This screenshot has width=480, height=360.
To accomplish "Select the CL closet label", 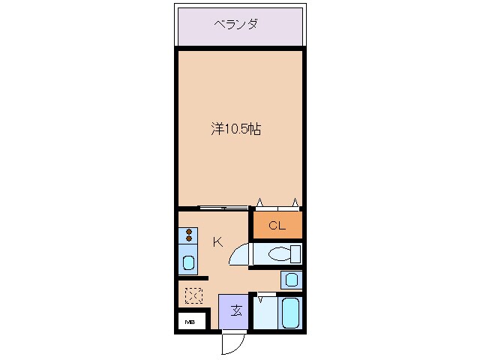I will click(x=277, y=225).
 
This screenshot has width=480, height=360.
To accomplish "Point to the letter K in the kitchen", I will click(x=218, y=241).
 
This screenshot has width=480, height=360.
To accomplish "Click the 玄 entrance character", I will click(x=235, y=310).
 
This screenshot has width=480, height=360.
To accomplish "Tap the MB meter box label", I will click(x=190, y=322).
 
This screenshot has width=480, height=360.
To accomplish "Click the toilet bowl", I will click(x=279, y=254).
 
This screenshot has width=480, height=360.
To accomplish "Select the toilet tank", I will click(x=295, y=253).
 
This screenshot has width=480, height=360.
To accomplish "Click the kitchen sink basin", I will click(x=188, y=263).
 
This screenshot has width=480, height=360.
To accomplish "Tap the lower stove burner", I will click(x=188, y=238).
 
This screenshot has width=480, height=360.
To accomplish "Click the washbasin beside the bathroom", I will click(x=292, y=280).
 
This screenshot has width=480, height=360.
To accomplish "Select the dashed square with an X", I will click(x=193, y=296).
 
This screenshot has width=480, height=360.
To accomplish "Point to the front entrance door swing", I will click(x=232, y=343).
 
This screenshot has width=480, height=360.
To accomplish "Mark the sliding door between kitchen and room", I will click(x=223, y=208).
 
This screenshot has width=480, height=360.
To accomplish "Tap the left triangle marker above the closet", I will click(x=260, y=202).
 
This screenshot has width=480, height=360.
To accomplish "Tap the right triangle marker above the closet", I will click(x=295, y=202).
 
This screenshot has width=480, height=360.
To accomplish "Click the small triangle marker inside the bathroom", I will click(x=261, y=299).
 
